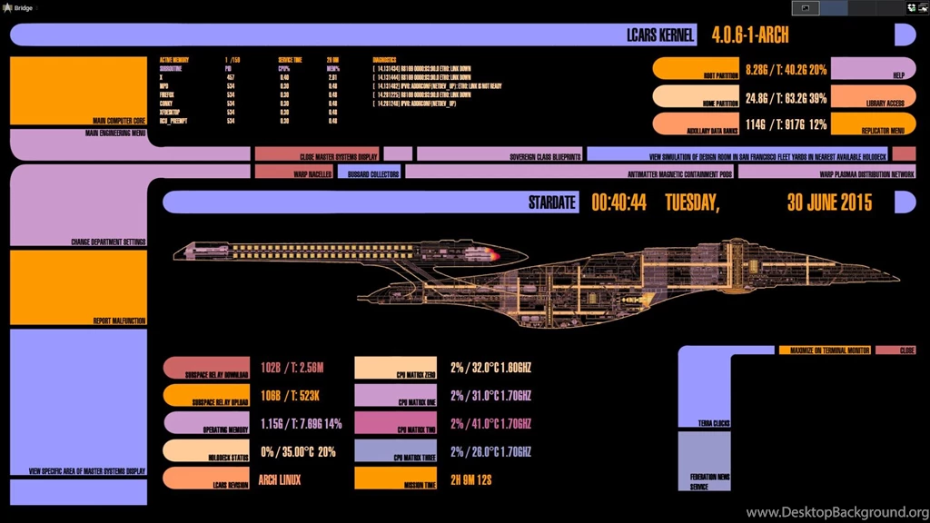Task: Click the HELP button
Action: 873,69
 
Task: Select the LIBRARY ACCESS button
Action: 873,97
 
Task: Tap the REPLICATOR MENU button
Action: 873,124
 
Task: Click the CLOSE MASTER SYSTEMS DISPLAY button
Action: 317,154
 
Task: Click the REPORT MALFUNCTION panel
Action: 78,288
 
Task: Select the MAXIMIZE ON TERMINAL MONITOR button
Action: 824,350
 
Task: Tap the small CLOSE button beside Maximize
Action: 895,350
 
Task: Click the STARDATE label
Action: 552,202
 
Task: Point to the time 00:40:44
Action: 618,202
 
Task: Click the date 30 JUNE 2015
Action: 828,202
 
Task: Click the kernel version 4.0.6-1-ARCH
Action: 750,35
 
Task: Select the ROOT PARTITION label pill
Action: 695,69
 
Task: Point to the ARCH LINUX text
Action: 280,479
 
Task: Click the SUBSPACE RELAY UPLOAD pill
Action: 206,396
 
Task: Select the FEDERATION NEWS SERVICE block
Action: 704,462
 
